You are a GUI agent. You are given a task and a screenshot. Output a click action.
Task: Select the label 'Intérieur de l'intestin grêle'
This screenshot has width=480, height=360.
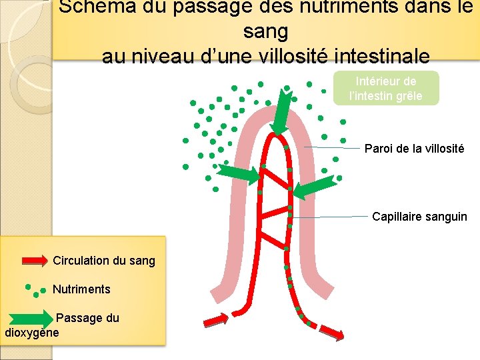click(386, 88)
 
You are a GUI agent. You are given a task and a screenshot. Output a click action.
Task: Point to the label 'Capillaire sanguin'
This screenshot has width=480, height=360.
click(419, 217)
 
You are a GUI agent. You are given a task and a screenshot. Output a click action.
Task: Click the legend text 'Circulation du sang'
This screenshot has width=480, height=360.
click(104, 261)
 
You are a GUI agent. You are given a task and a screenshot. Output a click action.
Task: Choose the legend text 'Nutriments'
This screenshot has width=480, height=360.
click(81, 289)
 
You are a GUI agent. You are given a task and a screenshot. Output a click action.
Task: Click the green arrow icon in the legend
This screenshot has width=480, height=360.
click(35, 319)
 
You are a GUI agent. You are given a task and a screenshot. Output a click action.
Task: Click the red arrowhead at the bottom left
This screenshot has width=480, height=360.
click(215, 323)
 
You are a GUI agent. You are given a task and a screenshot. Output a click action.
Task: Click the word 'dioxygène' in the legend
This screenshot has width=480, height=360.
click(32, 332)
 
